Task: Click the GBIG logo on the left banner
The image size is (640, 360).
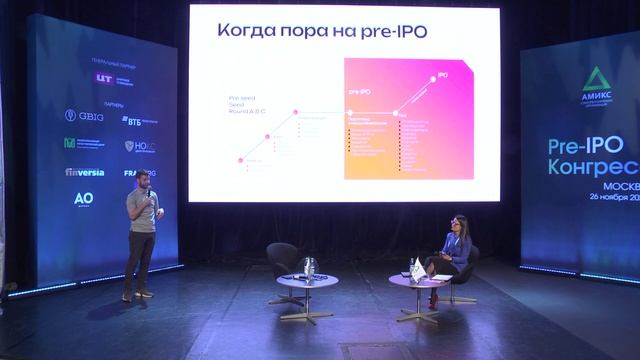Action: (x=84, y=116)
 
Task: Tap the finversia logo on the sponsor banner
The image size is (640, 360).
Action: (x=85, y=172)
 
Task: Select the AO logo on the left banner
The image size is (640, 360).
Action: (x=84, y=199)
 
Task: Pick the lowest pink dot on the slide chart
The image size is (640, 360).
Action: (x=240, y=160)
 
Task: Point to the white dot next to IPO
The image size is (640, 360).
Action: (x=432, y=77)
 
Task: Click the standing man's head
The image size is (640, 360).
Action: (x=142, y=179)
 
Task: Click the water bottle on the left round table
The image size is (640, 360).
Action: (x=309, y=267)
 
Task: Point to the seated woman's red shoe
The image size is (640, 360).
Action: (x=432, y=301)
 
